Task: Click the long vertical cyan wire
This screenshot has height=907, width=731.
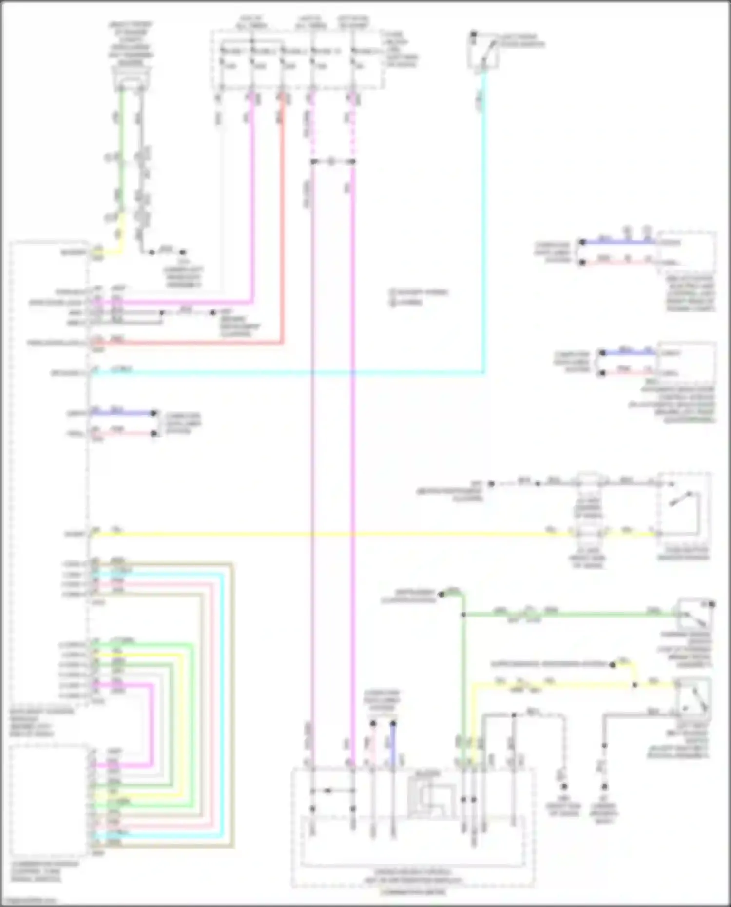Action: click(484, 219)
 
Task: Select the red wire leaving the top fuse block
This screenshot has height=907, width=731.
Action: click(282, 219)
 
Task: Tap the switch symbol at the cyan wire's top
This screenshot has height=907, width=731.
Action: click(483, 51)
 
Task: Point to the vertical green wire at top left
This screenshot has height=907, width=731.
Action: click(121, 146)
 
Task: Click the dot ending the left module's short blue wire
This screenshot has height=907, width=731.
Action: click(154, 414)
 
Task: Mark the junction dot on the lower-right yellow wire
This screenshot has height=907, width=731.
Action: click(635, 685)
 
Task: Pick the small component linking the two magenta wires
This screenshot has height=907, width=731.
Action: click(331, 161)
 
